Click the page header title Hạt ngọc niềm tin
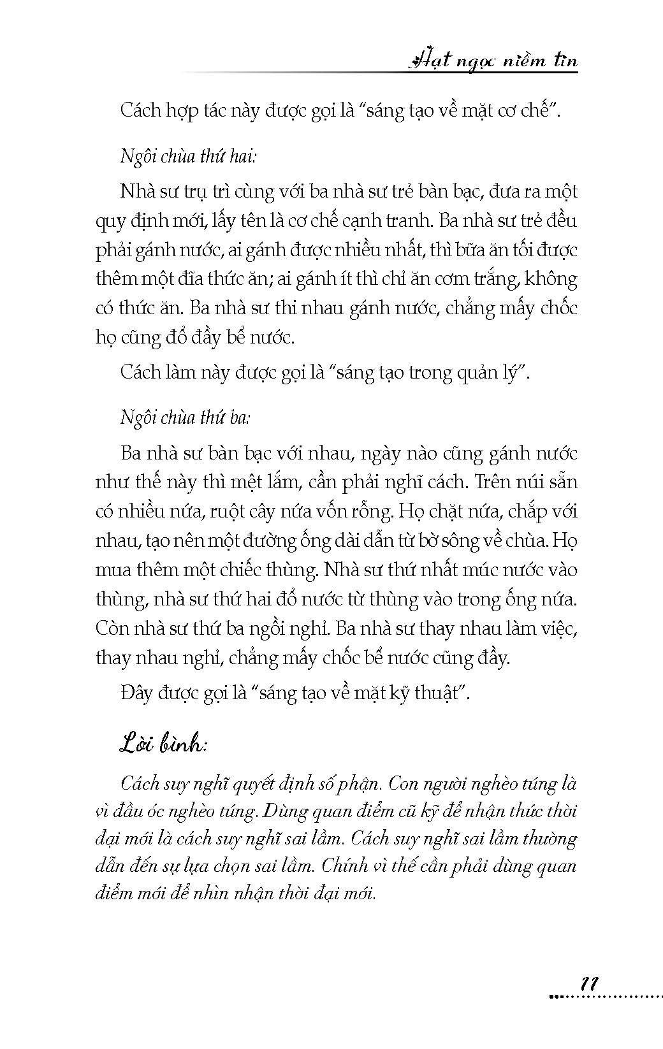(x=492, y=61)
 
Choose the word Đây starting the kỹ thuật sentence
(x=136, y=693)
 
